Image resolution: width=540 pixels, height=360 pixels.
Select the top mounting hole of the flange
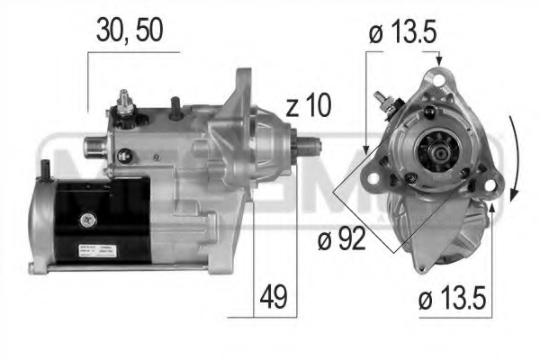439,83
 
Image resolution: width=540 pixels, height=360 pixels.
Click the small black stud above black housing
45,168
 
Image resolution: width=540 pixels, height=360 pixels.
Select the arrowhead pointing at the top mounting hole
439,61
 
